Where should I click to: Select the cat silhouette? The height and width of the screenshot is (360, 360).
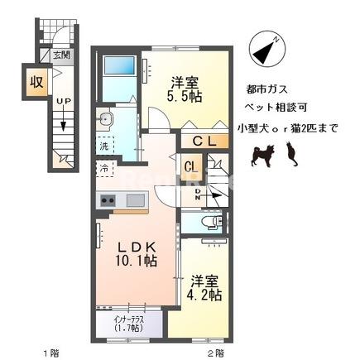(x=290, y=153)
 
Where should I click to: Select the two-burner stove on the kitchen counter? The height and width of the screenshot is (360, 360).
(x=108, y=200)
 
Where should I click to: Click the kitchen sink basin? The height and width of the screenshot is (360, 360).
(x=134, y=199)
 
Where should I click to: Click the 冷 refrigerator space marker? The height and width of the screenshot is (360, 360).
(x=105, y=167)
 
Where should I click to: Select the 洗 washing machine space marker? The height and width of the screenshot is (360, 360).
(x=104, y=146)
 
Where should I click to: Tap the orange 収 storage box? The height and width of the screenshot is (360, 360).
(x=36, y=83)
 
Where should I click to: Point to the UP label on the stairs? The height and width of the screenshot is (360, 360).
(x=61, y=102)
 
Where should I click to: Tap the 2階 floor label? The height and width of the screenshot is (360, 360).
(x=216, y=352)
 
